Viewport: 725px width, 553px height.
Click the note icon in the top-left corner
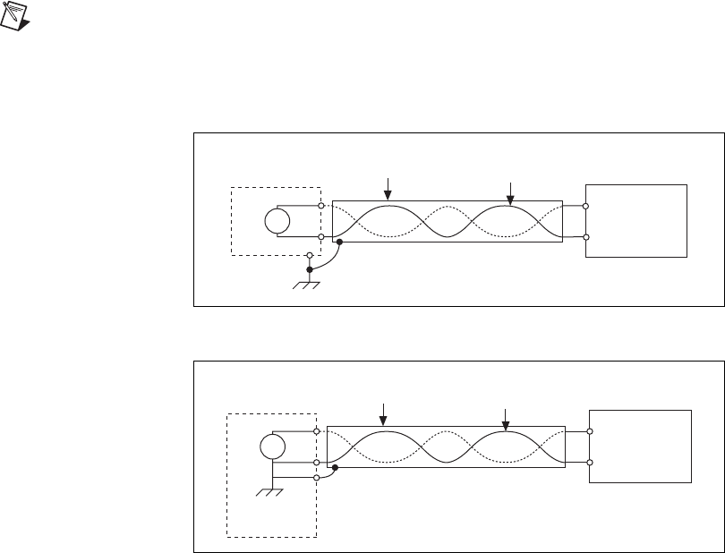pos(13,13)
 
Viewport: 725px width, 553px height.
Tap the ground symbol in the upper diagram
pos(308,285)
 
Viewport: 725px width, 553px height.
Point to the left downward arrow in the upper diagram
pos(388,189)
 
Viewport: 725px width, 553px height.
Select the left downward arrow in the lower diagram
pos(383,414)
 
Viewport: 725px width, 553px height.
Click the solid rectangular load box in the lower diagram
pos(640,446)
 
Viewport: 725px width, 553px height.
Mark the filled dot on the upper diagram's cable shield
pos(338,242)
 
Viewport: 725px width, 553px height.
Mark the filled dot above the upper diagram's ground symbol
pos(309,269)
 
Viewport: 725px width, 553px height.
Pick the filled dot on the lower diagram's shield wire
pos(335,467)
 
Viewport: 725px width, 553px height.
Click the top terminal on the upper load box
pos(585,207)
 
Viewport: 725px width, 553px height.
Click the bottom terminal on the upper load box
pos(585,237)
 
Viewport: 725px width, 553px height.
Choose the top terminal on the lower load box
pos(589,431)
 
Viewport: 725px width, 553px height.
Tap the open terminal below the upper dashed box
pos(309,255)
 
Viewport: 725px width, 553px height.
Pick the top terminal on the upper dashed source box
pos(321,207)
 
